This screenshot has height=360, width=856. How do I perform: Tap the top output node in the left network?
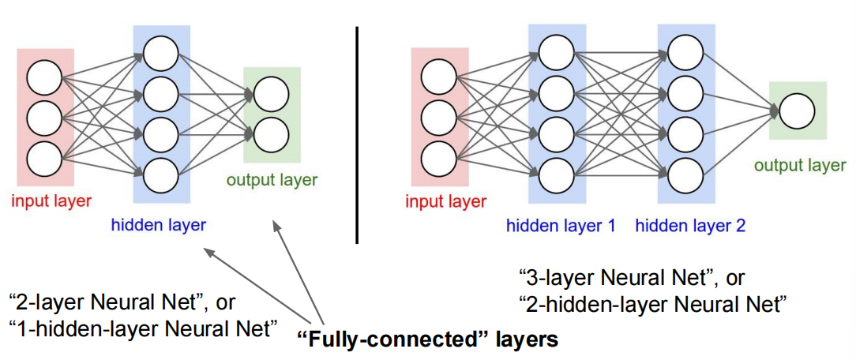[x=272, y=94]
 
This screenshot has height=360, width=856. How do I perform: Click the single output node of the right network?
[x=797, y=111]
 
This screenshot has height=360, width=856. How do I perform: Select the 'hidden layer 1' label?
[x=561, y=226]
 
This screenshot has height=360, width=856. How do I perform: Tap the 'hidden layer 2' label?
[x=690, y=226]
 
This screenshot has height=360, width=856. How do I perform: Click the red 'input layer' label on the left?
[x=51, y=200]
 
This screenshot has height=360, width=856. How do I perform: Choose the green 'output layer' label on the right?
[x=799, y=165]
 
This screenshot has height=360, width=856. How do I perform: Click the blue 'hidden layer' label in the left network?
[x=159, y=224]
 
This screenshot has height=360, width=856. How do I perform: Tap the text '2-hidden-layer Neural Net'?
[x=652, y=302]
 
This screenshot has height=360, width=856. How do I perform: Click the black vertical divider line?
[x=357, y=134]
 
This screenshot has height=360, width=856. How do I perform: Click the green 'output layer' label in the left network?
[x=272, y=179]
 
